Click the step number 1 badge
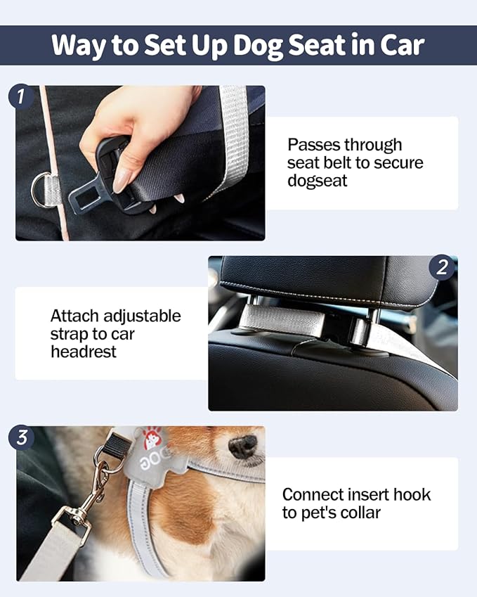pos(21,96)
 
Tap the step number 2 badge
pos(442,267)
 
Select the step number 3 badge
pos(21,437)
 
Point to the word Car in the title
pos(400,45)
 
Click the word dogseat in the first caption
pos(318,181)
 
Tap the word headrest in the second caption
pos(83,351)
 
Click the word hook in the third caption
pos(411,494)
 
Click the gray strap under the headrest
pos(281,319)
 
